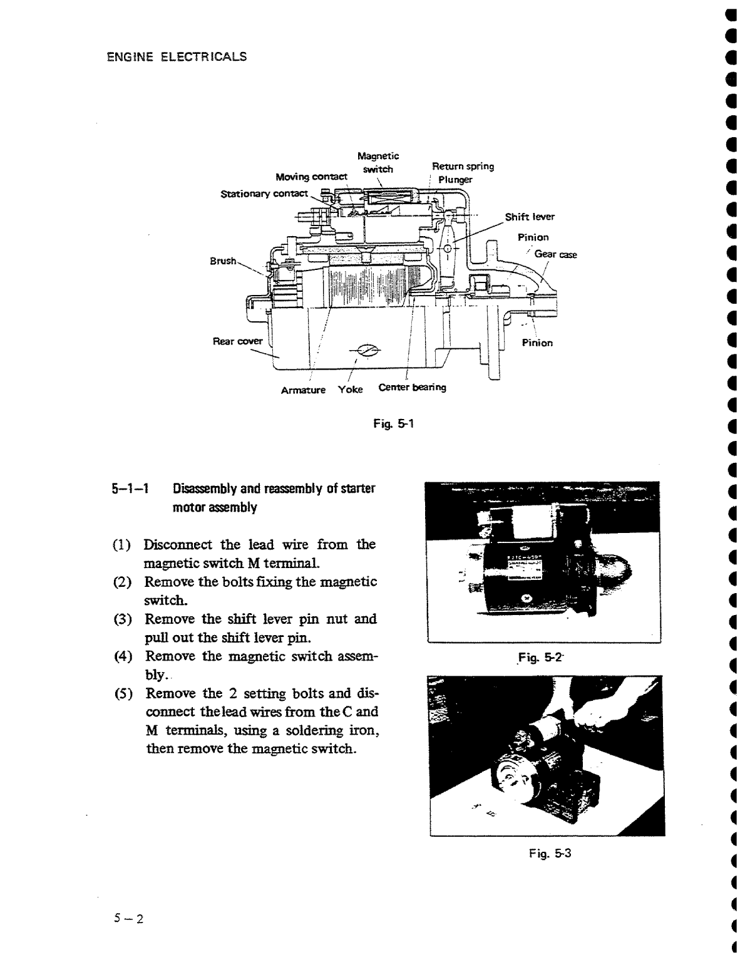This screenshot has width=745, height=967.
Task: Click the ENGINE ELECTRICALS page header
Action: (177, 57)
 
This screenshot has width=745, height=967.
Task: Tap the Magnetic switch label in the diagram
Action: (378, 162)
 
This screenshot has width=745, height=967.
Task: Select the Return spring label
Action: (463, 167)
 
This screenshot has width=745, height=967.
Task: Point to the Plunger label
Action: (455, 180)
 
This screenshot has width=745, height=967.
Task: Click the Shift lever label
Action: (530, 217)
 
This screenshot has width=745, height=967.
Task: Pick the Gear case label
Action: (555, 255)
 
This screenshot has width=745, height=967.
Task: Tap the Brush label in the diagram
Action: (223, 261)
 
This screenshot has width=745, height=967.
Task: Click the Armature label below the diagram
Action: (303, 390)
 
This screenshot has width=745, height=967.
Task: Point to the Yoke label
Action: (350, 390)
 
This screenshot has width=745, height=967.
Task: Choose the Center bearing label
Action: (412, 387)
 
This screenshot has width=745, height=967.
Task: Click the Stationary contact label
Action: (264, 194)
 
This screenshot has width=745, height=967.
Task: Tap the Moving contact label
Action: (311, 177)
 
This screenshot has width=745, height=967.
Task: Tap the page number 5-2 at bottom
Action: (128, 919)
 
